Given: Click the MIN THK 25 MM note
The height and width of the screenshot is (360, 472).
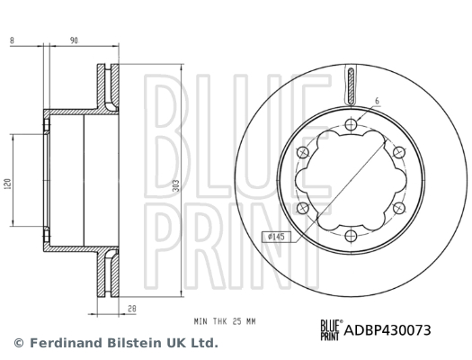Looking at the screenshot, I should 225,319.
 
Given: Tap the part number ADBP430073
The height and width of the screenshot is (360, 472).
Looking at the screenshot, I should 388,331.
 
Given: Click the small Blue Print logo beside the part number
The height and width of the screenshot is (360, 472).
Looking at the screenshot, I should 331,330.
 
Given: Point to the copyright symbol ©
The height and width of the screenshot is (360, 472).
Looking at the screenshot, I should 18,343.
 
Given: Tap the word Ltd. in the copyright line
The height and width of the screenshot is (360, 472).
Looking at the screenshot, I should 203,343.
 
